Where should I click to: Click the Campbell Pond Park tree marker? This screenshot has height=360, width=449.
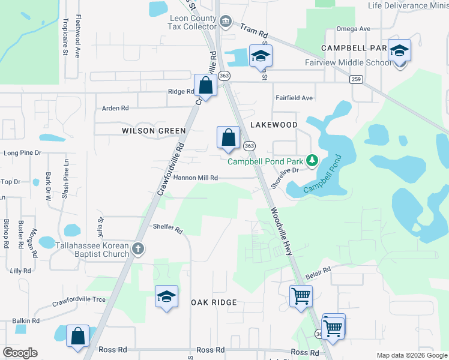tap(312, 160)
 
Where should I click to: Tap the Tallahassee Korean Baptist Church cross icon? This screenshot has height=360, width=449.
tap(138, 249)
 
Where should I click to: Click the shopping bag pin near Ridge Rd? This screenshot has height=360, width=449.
tap(205, 86)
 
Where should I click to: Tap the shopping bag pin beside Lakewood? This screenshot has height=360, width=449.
tap(228, 138)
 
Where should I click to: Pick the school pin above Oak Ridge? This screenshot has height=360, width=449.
tap(166, 297)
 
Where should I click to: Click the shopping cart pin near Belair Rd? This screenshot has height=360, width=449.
tap(300, 297)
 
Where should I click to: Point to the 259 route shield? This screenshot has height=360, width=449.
tap(356, 79)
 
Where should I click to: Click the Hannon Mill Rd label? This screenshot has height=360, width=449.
tap(195, 178)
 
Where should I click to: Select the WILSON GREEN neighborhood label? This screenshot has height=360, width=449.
tap(154, 131)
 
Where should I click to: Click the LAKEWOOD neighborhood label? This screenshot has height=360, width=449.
tap(274, 125)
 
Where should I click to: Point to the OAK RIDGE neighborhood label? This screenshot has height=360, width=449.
tap(214, 303)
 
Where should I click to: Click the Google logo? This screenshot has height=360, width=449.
tap(20, 353)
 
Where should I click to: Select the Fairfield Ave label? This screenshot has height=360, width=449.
tap(294, 98)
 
